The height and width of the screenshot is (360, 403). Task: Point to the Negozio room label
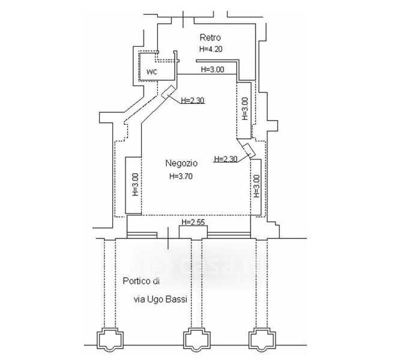pos(181,163)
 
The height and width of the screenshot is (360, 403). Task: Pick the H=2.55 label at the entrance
pos(193,223)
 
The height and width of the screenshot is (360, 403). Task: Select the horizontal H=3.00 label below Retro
pos(213,69)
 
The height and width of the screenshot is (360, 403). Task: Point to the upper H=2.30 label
pos(193,100)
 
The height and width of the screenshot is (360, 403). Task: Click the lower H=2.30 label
pos(226,159)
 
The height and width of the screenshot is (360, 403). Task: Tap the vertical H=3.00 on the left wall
pos(135,185)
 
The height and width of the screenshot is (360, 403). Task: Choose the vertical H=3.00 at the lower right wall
pos(256,186)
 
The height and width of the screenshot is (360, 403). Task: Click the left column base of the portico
pos(111,340)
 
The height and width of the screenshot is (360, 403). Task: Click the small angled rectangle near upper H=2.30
pos(168,92)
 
